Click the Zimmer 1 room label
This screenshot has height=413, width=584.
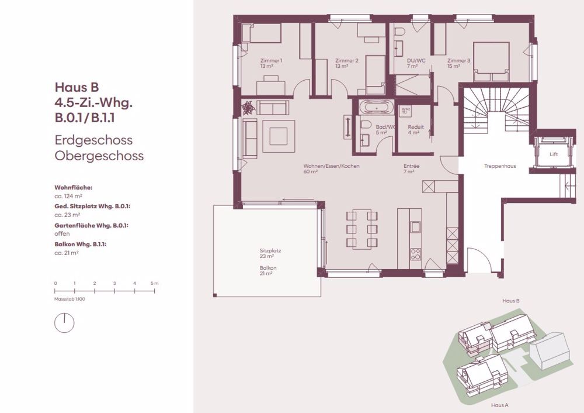click(x=271, y=60)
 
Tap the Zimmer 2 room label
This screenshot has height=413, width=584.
click(x=347, y=60)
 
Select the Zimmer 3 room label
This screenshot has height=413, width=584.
click(x=458, y=60)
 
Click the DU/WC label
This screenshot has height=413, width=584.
click(x=416, y=60)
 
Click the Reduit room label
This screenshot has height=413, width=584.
click(x=416, y=126)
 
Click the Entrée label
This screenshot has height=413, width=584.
click(x=411, y=166)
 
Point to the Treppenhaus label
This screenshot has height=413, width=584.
click(x=499, y=166)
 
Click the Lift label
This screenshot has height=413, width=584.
click(x=553, y=154)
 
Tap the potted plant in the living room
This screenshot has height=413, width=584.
click(x=249, y=108)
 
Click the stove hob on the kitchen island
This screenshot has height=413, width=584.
click(x=415, y=254)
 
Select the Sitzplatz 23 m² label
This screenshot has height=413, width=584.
click(x=270, y=253)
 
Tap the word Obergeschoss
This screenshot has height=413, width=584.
click(x=99, y=156)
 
